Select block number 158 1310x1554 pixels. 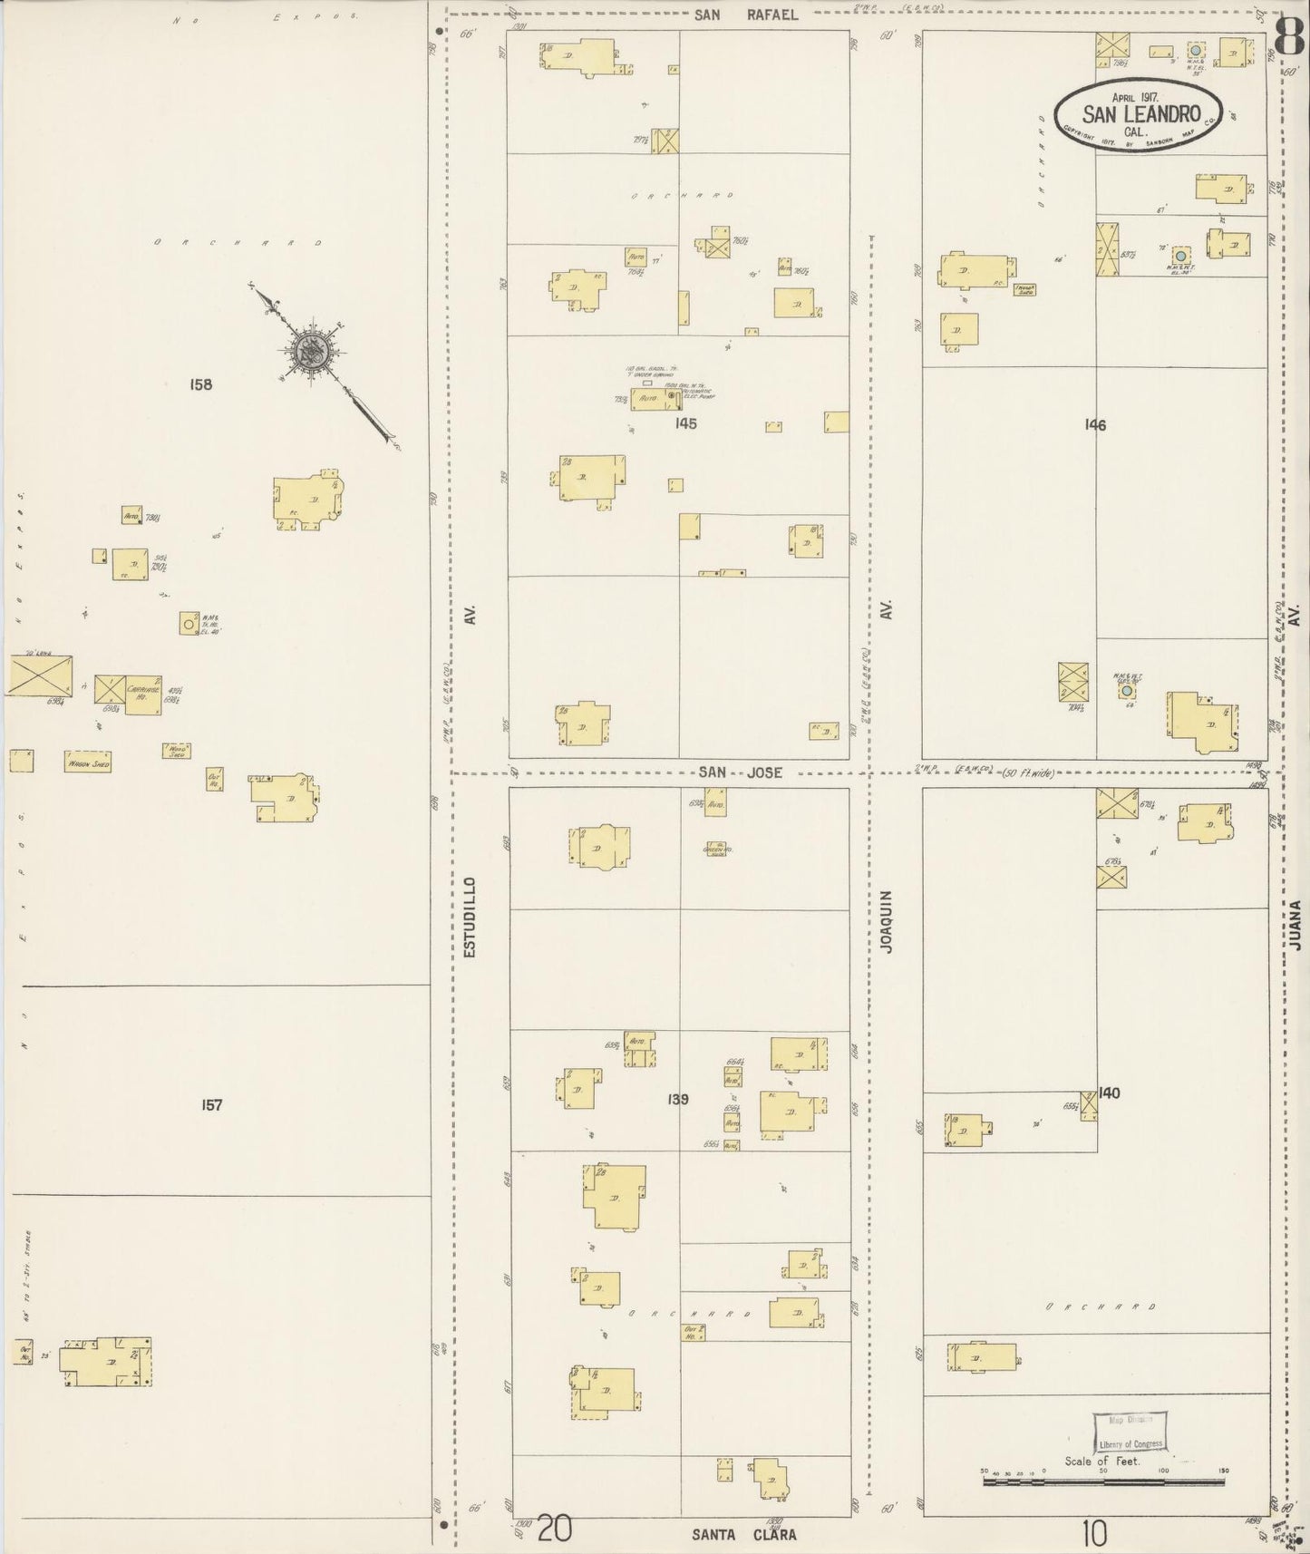[200, 384]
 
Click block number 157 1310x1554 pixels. [211, 1104]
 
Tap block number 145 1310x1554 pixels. [685, 423]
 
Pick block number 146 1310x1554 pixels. [1095, 424]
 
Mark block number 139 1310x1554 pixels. [677, 1099]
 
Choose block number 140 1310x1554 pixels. [1109, 1093]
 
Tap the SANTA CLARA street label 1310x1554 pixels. [743, 1535]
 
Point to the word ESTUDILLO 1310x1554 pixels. [469, 917]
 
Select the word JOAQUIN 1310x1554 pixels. [888, 921]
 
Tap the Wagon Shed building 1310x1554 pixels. [87, 764]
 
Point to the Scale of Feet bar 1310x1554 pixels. [1103, 1482]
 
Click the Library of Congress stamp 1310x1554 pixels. [1130, 1433]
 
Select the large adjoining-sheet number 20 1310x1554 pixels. [555, 1530]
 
